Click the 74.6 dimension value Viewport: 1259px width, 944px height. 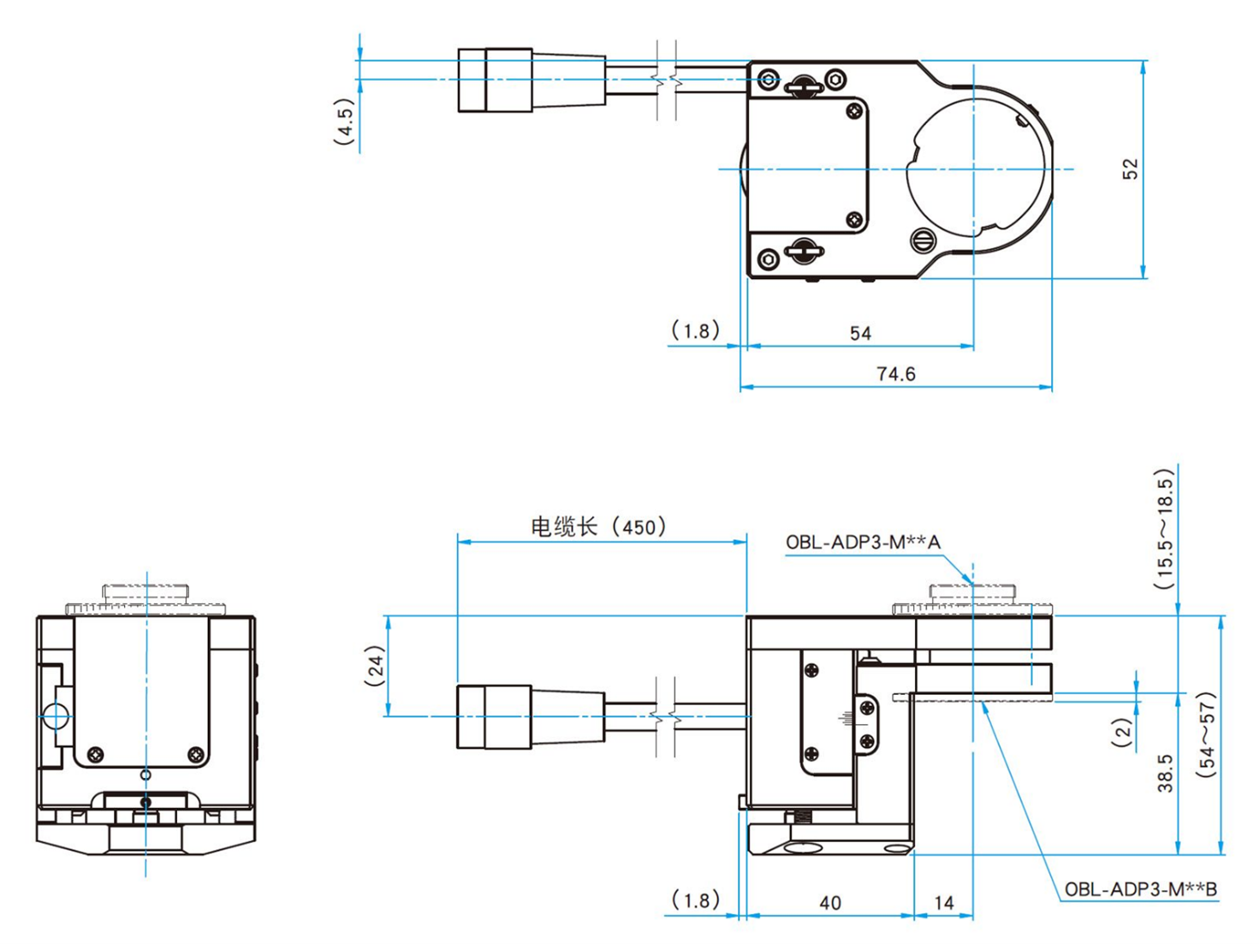tap(895, 374)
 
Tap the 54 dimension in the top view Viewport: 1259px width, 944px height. tap(860, 333)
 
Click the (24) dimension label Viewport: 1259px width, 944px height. tap(375, 667)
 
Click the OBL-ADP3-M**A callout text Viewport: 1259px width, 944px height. tap(863, 542)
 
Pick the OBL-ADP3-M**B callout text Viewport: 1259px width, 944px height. tap(1140, 889)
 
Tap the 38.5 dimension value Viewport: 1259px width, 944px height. tap(1165, 773)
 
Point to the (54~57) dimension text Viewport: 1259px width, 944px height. tap(1206, 734)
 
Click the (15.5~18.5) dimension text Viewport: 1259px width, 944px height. tap(1164, 529)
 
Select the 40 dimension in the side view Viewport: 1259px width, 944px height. tap(829, 903)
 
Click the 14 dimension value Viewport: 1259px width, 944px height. tap(943, 903)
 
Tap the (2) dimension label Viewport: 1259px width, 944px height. tap(1122, 733)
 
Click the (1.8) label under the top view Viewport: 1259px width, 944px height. tap(695, 330)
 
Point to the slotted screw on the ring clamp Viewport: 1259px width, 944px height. tap(922, 240)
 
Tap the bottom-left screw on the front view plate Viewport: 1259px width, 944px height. tap(96, 754)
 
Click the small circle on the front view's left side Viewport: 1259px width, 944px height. tap(56, 715)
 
